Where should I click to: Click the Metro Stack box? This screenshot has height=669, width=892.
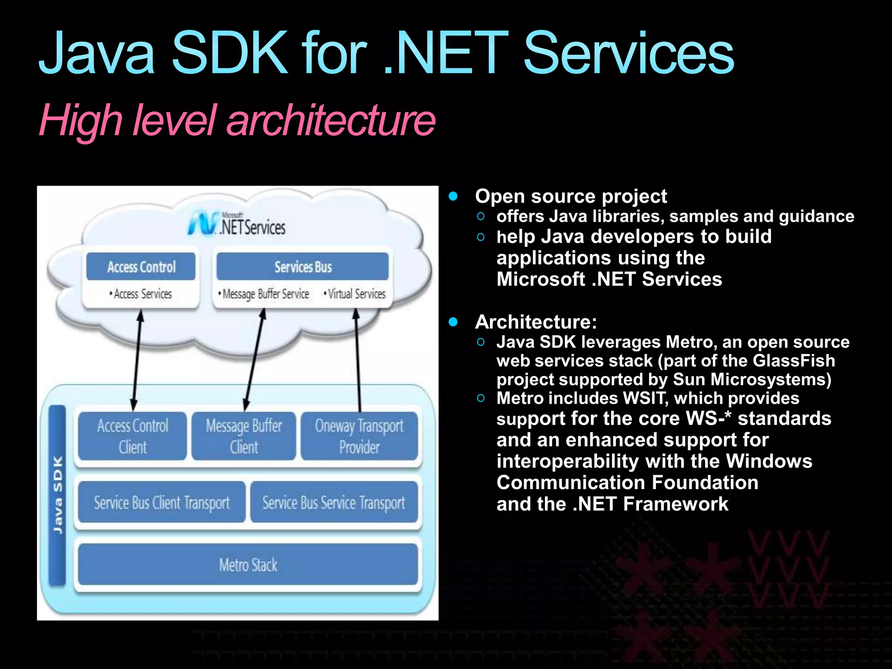coord(248,564)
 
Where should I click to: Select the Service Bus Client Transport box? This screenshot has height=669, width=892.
coord(162,503)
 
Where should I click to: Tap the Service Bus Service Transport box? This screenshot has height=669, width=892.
coord(334,503)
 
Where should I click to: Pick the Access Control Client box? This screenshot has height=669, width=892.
coord(132,436)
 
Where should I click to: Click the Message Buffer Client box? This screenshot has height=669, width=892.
coord(244,436)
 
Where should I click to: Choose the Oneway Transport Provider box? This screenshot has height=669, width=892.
coord(359,436)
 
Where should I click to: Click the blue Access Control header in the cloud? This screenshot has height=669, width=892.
coord(141,267)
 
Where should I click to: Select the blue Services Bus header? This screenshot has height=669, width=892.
coord(303,267)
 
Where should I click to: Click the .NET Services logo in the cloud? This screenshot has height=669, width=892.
coord(237,224)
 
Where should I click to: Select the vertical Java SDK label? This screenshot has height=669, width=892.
coord(57,494)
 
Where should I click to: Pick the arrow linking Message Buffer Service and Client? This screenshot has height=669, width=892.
coord(254,360)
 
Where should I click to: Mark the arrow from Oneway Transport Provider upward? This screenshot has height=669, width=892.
coord(358,360)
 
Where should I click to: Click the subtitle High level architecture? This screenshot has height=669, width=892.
coord(237,120)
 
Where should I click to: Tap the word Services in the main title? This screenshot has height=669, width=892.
coord(628,53)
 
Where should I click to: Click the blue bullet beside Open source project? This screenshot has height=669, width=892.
coord(453,196)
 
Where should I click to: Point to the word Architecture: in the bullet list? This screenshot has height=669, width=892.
coord(536,322)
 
